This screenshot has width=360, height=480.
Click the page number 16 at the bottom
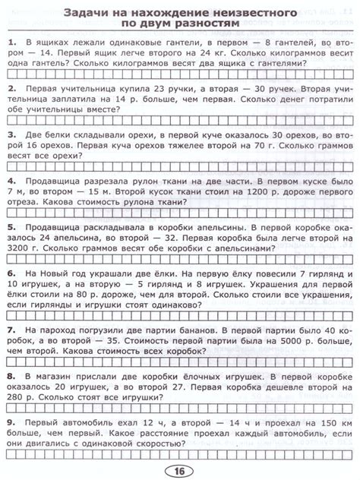pos(180,470)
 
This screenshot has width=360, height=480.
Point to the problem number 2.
pos(8,89)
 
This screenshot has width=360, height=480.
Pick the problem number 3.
pos(8,136)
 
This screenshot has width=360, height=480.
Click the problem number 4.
pos(8,182)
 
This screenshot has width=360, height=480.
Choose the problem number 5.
pos(8,227)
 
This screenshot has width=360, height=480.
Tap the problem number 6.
pos(8,272)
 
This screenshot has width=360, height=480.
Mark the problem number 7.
pos(8,330)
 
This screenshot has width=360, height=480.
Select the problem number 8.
pos(8,375)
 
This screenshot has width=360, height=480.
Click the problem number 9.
pos(8,422)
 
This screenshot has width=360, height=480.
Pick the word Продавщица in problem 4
pos(56,182)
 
